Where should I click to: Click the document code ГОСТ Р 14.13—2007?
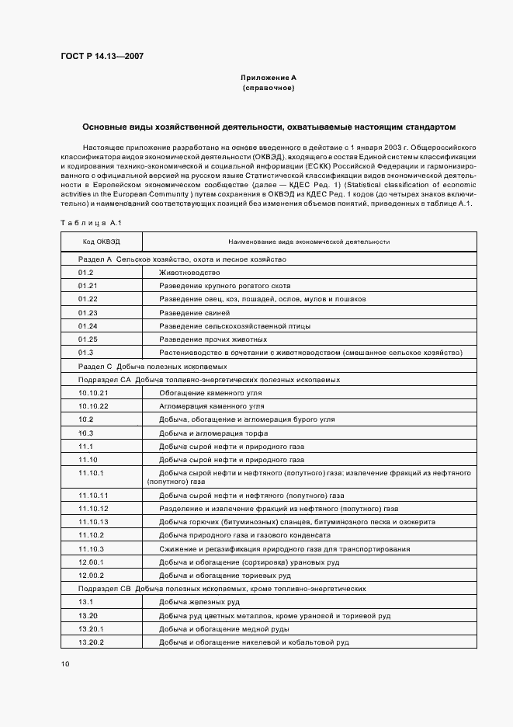[101, 56]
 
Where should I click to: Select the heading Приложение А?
[269, 78]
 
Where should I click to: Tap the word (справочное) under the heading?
[269, 89]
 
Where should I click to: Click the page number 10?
[65, 664]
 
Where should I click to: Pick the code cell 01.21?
[88, 286]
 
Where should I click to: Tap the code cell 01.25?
[88, 339]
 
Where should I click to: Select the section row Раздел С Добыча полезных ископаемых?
[153, 366]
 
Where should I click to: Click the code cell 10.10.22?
[93, 405]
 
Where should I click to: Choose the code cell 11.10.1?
[91, 472]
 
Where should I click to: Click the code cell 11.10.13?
[93, 521]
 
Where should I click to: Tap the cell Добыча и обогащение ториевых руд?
[225, 575]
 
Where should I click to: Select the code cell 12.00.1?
[91, 562]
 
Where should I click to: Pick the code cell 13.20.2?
[91, 642]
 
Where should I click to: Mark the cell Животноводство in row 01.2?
[189, 273]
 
